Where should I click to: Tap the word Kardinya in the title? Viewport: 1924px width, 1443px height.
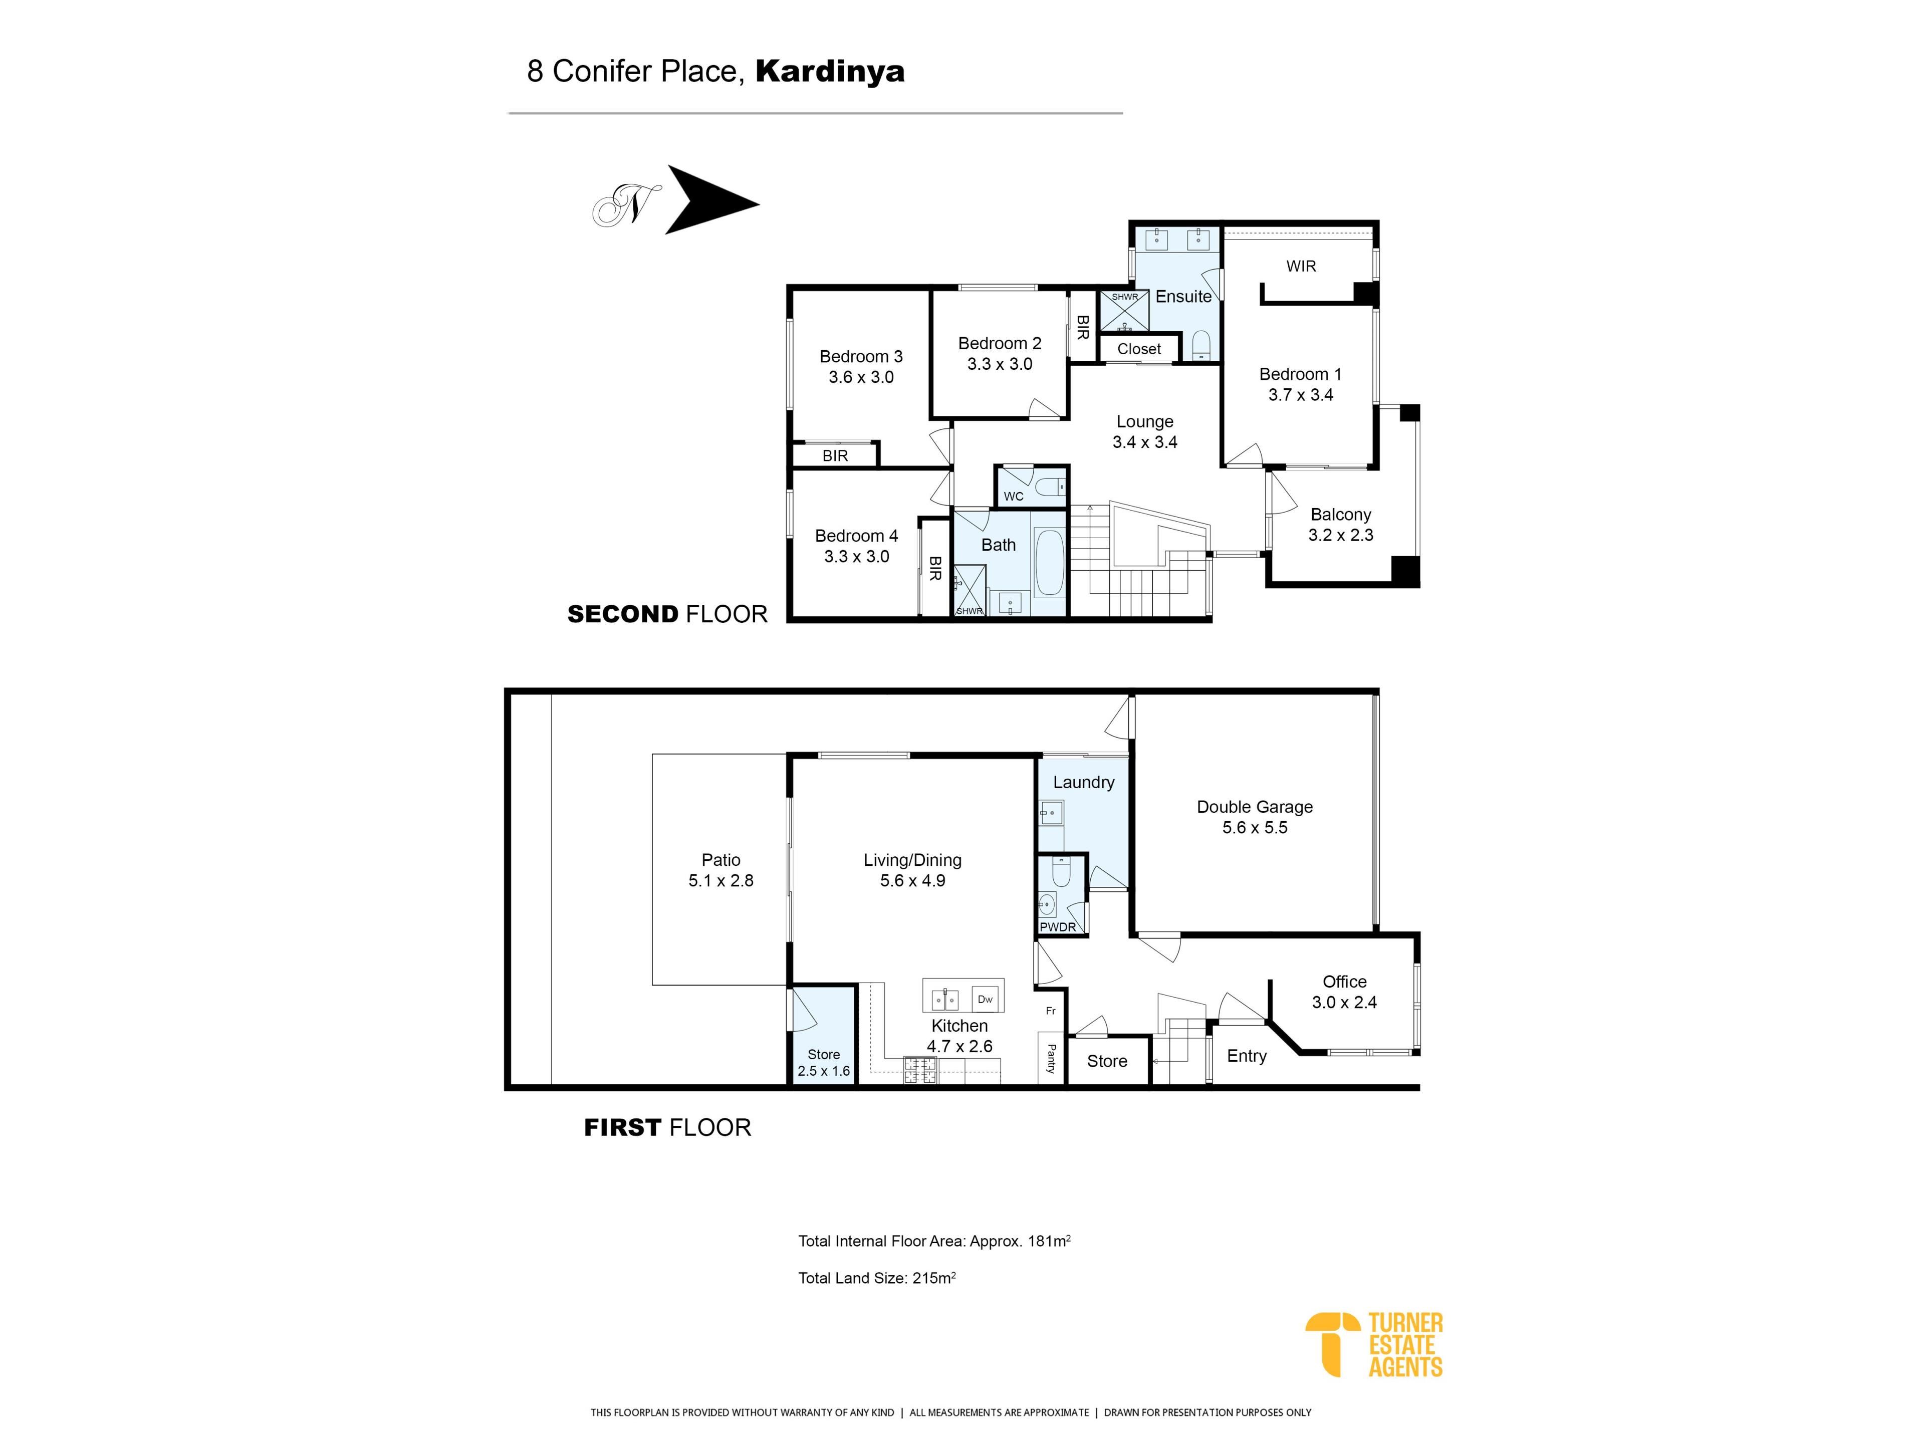830,71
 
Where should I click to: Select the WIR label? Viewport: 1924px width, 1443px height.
1301,266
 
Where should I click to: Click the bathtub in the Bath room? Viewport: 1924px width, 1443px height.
1049,563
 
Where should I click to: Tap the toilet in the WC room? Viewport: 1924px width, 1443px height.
1051,486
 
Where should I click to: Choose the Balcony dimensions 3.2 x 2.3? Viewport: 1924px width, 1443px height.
1340,535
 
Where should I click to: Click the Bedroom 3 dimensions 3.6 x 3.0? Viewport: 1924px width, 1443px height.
861,377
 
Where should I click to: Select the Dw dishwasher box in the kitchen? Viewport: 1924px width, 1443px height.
985,999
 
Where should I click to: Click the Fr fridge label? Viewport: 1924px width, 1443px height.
1051,1011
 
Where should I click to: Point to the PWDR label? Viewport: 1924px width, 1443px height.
1058,927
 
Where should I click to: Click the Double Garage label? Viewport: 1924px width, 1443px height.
1254,807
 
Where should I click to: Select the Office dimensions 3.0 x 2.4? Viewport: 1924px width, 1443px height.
1344,1002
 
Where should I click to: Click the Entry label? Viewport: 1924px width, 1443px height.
1247,1056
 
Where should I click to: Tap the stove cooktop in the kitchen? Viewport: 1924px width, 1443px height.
920,1071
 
